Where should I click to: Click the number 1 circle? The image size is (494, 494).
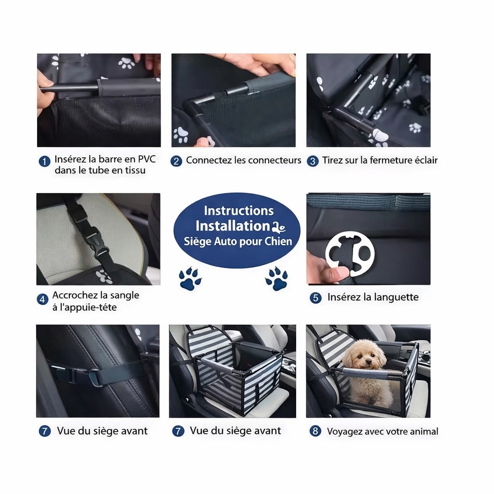[x=44, y=162]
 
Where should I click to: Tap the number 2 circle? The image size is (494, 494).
[x=176, y=161]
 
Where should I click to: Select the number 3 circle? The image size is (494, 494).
[x=313, y=161]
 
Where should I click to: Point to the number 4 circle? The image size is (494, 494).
[x=43, y=300]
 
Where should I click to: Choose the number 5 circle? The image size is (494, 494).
[x=316, y=298]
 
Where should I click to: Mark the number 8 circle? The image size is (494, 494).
[x=316, y=431]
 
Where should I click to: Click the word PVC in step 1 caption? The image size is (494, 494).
[x=147, y=159]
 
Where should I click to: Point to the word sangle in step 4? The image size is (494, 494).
[x=124, y=295]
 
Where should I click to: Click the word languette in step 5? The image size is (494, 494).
[x=394, y=297]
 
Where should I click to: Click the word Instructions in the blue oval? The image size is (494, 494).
[x=238, y=211]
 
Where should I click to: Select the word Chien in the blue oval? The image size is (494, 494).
[x=278, y=241]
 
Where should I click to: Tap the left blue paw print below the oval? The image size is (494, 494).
[x=190, y=279]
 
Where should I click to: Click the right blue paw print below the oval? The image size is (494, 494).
[x=276, y=279]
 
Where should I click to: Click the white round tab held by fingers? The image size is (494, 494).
[x=350, y=253]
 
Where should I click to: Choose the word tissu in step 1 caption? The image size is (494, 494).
[x=134, y=170]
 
